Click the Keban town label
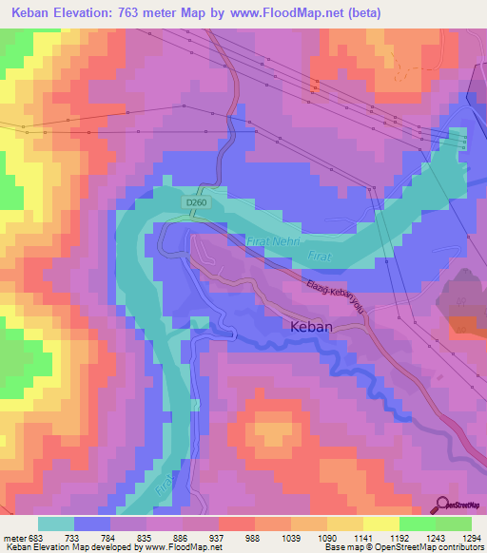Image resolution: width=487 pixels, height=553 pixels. (x=310, y=326)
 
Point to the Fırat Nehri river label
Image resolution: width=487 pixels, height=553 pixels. (x=274, y=245)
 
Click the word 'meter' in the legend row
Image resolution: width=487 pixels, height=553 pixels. (x=12, y=537)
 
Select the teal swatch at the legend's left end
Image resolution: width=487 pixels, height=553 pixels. (x=55, y=524)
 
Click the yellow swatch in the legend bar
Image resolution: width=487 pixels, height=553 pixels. (x=381, y=524)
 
